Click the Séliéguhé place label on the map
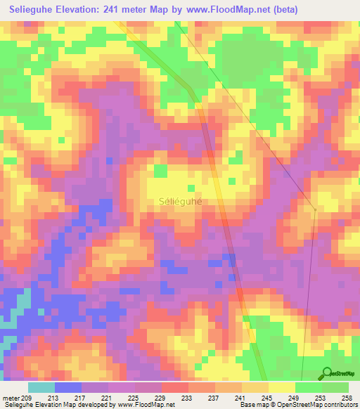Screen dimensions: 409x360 click(179, 201)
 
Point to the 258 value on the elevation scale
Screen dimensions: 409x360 click(347, 397)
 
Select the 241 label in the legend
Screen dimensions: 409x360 click(240, 397)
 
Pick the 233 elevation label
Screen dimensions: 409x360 click(187, 397)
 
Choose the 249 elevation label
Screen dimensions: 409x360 click(293, 397)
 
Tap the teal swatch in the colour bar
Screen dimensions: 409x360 click(41, 387)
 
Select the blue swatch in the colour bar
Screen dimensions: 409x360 click(68, 387)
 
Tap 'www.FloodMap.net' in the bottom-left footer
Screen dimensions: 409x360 click(147, 405)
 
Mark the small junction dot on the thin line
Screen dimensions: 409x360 click(315, 209)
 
